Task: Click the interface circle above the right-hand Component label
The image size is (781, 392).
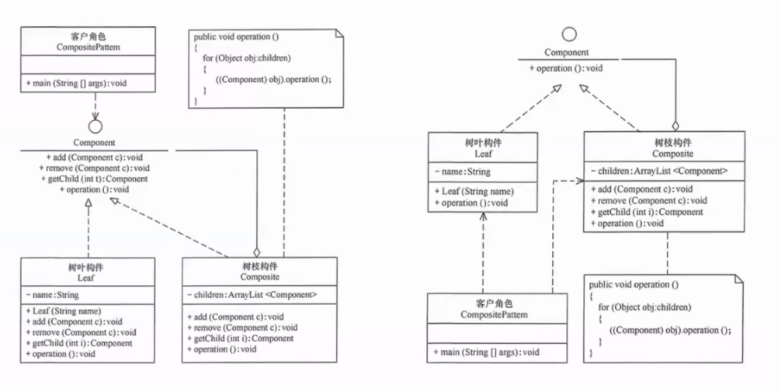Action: [x=569, y=34]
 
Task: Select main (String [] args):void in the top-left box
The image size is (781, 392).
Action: [x=76, y=82]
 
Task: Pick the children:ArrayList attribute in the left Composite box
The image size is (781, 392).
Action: [x=252, y=294]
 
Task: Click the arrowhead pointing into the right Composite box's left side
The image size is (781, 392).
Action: [x=579, y=180]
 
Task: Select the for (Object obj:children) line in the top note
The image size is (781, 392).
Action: [x=247, y=58]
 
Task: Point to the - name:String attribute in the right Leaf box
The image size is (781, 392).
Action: [x=463, y=171]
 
